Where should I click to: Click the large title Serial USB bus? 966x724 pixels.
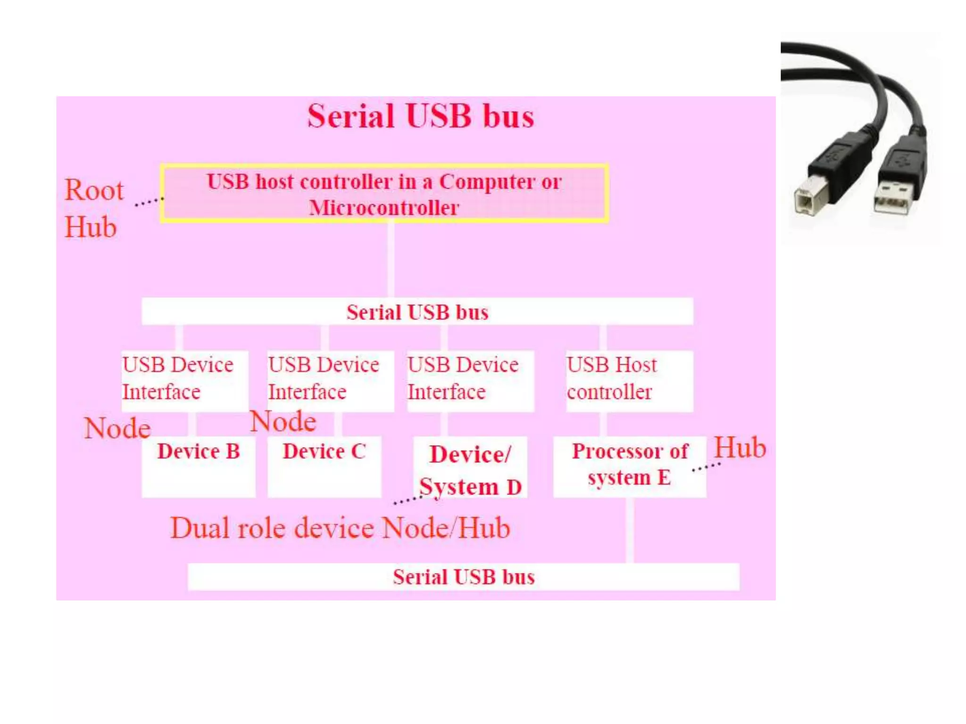click(420, 116)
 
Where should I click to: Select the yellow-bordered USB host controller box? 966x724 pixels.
click(384, 193)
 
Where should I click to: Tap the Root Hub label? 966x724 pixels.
click(93, 208)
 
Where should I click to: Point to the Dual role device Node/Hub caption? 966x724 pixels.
click(340, 528)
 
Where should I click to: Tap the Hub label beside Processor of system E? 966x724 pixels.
click(739, 447)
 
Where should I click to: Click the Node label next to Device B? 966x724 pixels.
click(117, 428)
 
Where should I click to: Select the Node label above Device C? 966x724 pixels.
click(283, 421)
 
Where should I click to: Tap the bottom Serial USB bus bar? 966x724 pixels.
click(463, 577)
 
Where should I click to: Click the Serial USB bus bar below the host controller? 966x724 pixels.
click(417, 312)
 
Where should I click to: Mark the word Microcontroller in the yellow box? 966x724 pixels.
click(384, 208)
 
